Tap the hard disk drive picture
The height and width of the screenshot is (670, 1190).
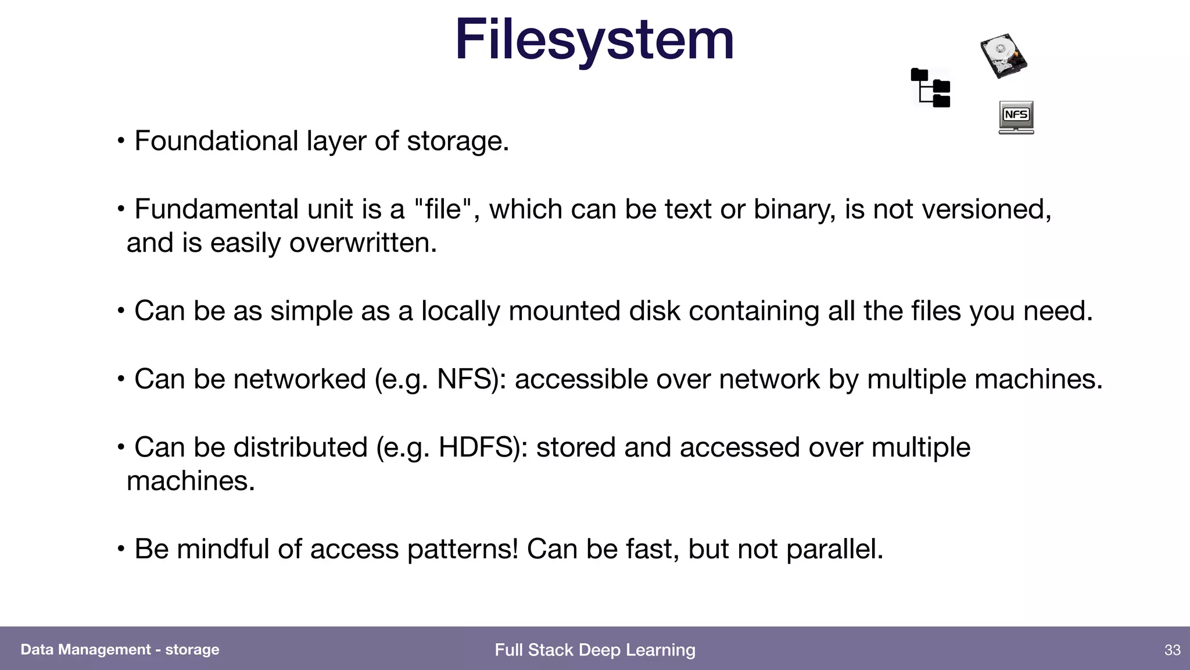(x=1003, y=56)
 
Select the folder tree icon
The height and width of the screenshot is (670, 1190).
(x=931, y=88)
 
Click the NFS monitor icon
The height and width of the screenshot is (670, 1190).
(x=1016, y=117)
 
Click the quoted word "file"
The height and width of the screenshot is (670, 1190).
(x=443, y=209)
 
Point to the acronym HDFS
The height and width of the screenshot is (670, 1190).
(x=479, y=447)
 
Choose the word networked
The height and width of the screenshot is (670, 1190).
(x=299, y=379)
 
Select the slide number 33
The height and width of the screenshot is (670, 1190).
(x=1172, y=650)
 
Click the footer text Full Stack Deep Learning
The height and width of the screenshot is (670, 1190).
(x=595, y=650)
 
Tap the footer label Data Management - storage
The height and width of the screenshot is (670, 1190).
(x=120, y=650)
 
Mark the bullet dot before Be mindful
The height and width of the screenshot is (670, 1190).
(x=121, y=548)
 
